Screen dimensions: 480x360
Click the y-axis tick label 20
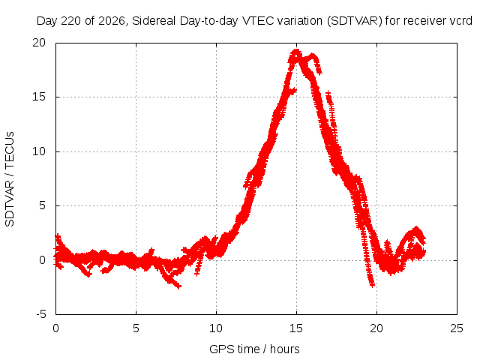click(39, 43)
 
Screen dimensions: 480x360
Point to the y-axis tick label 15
click(39, 97)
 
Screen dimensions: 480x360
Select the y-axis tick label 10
click(39, 151)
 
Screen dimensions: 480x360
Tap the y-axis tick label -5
click(41, 314)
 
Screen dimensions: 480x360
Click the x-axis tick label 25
click(457, 328)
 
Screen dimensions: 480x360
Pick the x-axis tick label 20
click(376, 328)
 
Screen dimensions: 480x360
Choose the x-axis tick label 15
click(296, 328)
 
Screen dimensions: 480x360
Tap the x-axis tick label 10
click(216, 328)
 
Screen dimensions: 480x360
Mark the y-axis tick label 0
click(43, 260)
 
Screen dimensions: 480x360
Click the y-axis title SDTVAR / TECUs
click(10, 179)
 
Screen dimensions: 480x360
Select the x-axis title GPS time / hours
click(254, 349)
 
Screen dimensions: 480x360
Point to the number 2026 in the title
click(112, 21)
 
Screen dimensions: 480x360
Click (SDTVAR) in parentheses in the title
click(355, 21)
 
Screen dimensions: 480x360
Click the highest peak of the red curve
click(296, 52)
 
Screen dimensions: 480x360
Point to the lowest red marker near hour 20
click(372, 285)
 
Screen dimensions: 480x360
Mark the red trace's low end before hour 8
click(178, 286)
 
